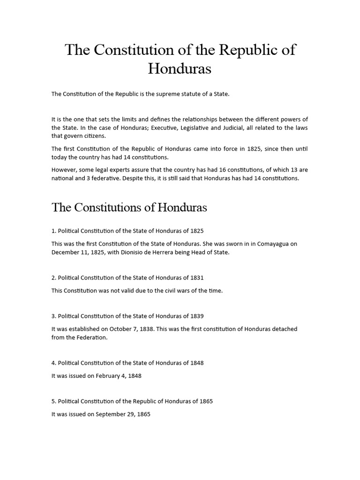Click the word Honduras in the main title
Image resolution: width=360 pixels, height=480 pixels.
point(180,68)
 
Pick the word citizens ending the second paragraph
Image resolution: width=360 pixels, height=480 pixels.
point(94,136)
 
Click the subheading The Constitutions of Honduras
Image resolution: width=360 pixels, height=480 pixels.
point(129,207)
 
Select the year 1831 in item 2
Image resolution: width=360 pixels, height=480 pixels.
point(196,277)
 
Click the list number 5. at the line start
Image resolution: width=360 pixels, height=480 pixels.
point(54,401)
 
